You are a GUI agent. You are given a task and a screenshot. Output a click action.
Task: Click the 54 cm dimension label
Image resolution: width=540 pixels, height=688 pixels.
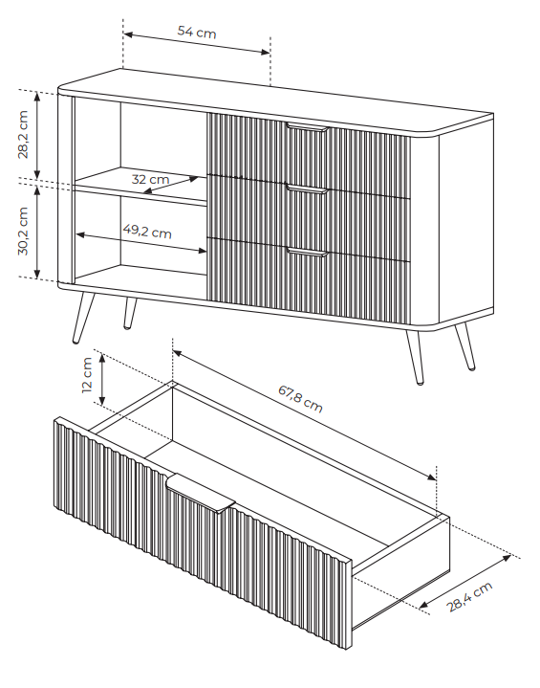(x=197, y=32)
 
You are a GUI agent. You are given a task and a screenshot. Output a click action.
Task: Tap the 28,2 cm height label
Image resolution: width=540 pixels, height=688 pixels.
(x=23, y=134)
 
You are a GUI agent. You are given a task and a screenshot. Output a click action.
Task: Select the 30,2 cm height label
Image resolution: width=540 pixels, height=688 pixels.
(x=23, y=232)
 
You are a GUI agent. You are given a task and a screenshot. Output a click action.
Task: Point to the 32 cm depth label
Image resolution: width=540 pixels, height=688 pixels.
(x=150, y=179)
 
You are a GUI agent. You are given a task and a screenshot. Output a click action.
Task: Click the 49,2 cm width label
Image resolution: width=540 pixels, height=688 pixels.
(x=147, y=231)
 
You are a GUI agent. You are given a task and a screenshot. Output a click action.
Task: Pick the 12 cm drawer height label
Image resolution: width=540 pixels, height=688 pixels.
(x=87, y=375)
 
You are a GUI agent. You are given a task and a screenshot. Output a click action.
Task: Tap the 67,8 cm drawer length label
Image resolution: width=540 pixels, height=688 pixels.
(x=301, y=399)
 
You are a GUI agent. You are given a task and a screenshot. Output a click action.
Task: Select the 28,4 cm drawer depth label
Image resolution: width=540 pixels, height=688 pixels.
(x=469, y=596)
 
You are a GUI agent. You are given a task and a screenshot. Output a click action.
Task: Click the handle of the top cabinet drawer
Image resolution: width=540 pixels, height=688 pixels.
(x=307, y=127)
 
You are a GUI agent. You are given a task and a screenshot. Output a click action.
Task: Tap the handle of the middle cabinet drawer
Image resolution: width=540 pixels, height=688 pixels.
(x=307, y=189)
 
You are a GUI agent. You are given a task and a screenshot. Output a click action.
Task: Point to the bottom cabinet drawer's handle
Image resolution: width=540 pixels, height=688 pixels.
(x=307, y=252)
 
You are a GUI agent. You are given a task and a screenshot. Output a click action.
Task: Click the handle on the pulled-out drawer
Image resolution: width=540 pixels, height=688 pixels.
(x=201, y=492)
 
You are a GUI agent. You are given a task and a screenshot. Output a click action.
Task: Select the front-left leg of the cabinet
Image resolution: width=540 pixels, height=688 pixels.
(x=83, y=318)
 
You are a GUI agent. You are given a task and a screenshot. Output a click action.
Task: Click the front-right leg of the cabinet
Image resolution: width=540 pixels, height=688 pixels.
(x=415, y=357)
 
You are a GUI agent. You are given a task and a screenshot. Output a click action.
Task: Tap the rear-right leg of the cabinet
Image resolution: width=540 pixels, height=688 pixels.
(x=464, y=346)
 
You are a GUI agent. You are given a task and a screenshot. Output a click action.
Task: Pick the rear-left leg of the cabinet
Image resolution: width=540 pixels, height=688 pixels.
(x=129, y=313)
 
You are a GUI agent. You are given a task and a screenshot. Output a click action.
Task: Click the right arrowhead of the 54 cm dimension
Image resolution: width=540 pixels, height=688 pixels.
(x=266, y=53)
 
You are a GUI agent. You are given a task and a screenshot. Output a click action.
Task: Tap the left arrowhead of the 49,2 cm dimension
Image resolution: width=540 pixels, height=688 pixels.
(x=80, y=235)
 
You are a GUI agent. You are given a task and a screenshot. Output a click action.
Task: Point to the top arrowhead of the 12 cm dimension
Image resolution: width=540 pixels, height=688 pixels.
(x=102, y=359)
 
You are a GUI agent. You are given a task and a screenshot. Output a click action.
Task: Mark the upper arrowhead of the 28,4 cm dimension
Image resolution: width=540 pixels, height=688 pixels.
(x=507, y=558)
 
